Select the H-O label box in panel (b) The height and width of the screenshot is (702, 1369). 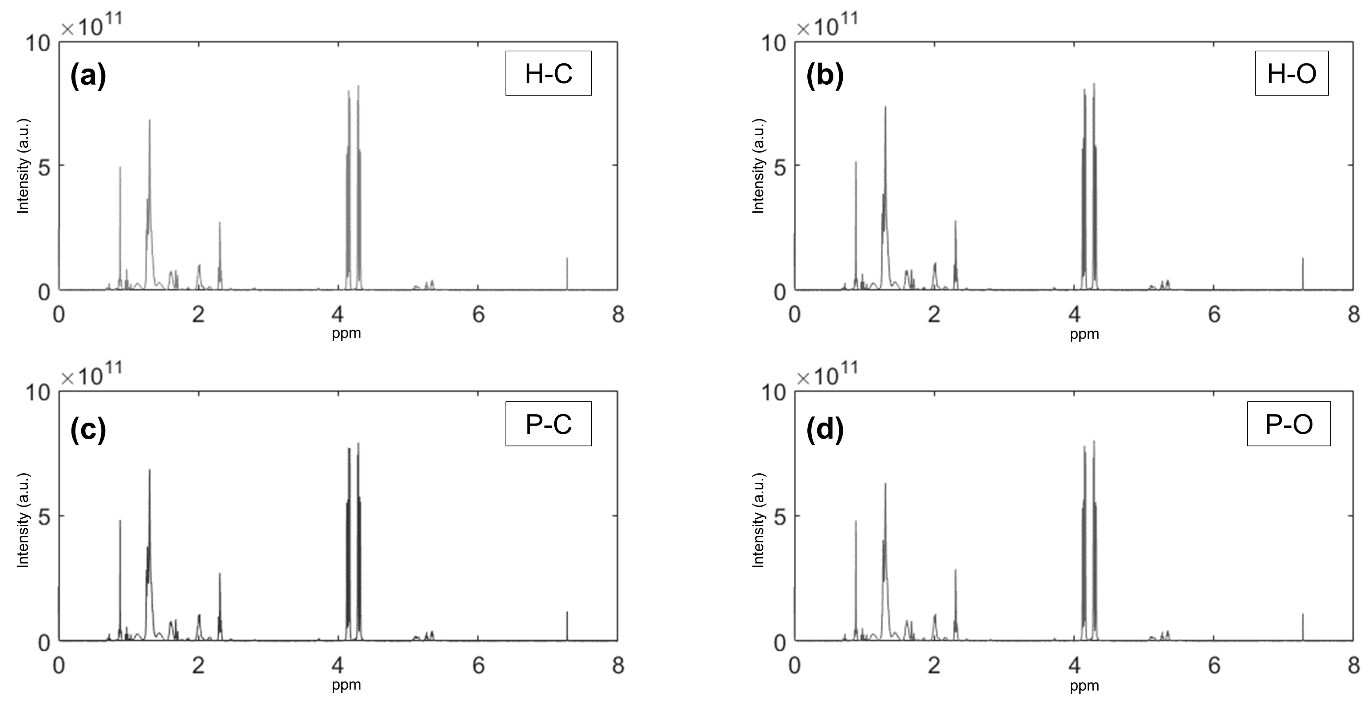point(1291,73)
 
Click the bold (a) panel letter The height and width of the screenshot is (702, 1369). point(88,76)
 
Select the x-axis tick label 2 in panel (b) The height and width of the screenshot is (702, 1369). point(934,315)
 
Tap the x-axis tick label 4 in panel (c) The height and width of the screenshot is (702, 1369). point(338,665)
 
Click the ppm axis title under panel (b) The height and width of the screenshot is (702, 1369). point(1084,334)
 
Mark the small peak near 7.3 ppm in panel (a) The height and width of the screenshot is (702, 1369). point(567,274)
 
